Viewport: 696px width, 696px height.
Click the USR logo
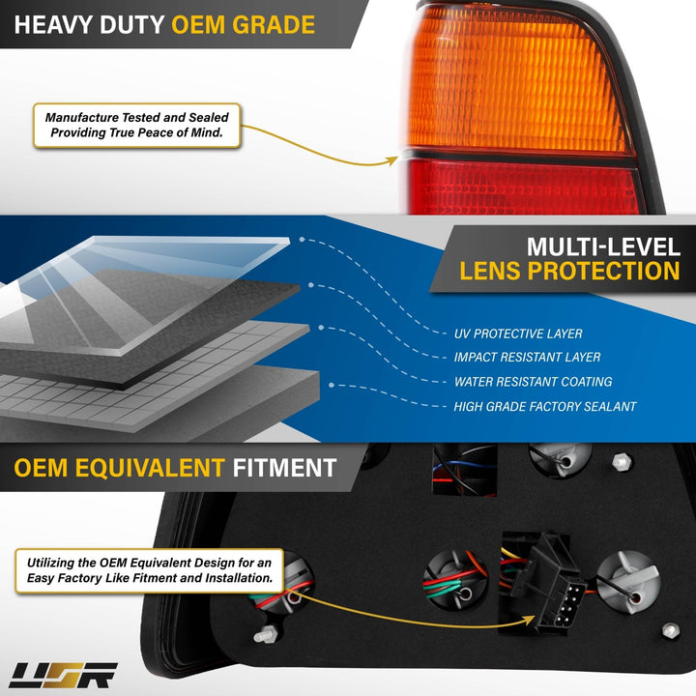(x=63, y=675)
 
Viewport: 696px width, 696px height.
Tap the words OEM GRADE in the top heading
(x=244, y=25)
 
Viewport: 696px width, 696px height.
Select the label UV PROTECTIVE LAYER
(x=518, y=333)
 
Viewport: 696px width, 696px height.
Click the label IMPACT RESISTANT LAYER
(x=527, y=358)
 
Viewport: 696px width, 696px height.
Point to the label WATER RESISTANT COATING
(x=533, y=382)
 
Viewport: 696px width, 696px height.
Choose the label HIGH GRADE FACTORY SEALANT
(x=544, y=407)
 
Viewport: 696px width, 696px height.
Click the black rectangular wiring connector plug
(x=549, y=582)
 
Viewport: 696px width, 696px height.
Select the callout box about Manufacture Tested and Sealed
(x=136, y=125)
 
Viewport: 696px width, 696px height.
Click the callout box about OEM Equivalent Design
(x=149, y=571)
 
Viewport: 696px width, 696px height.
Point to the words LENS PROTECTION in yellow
(x=569, y=272)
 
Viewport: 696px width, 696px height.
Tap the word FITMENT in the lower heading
(x=284, y=468)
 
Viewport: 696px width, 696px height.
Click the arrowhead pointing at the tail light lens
(x=391, y=160)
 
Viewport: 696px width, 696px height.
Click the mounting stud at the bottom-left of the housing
(x=266, y=635)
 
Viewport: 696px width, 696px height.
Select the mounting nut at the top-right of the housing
(x=622, y=462)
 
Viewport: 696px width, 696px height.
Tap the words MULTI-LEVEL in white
(x=603, y=246)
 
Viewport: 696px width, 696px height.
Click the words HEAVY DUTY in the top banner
(x=89, y=25)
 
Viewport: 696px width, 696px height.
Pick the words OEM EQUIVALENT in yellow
(x=120, y=468)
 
